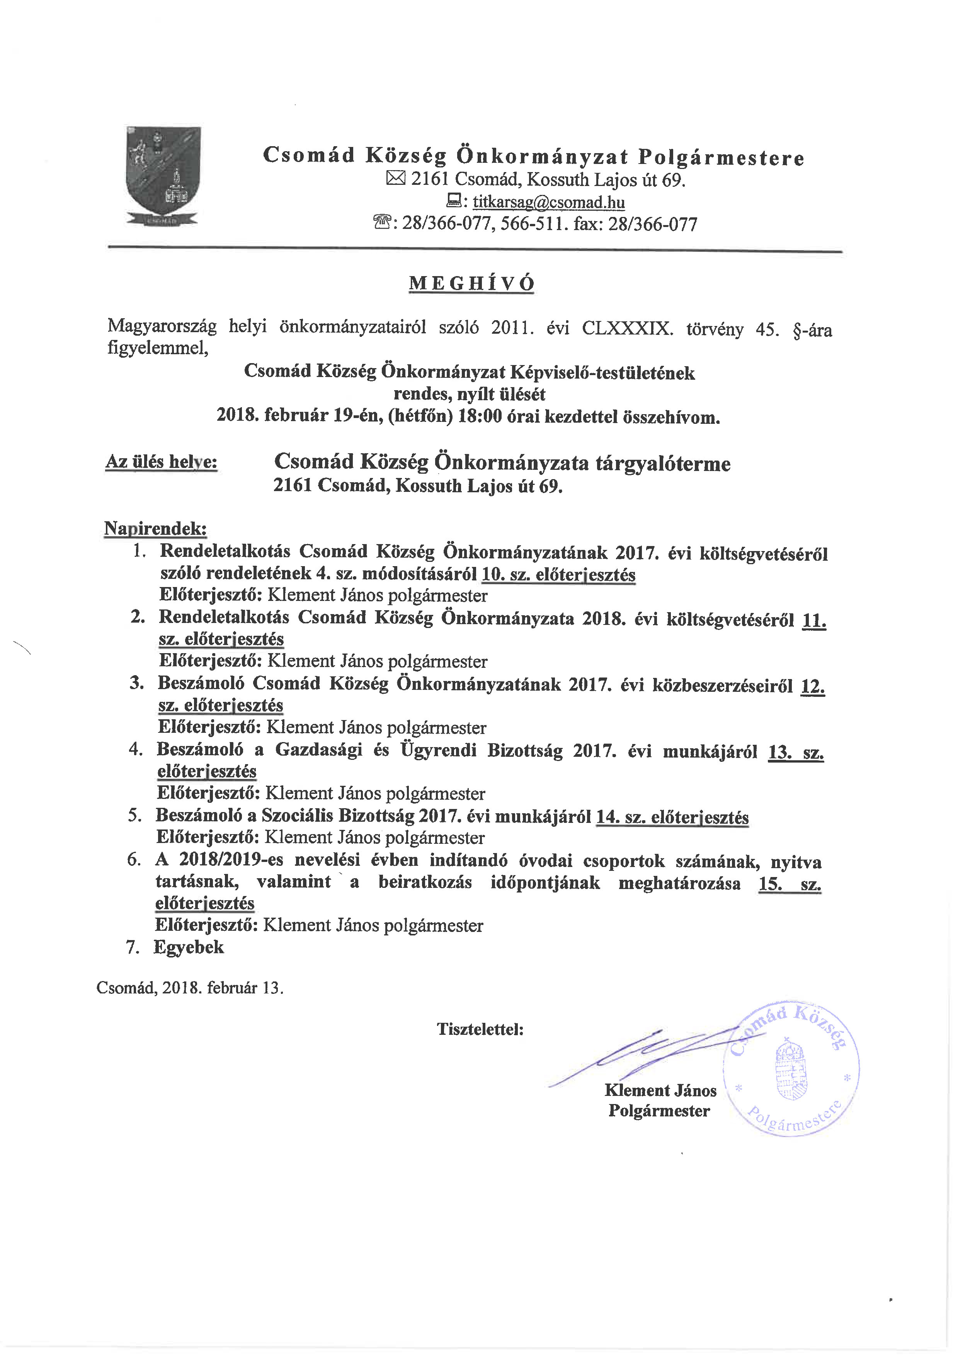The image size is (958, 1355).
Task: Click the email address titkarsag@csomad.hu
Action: (549, 202)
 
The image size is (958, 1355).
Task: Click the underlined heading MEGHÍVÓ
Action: (471, 284)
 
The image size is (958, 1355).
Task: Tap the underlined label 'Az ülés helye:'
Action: (161, 462)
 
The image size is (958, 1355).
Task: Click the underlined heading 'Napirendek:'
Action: (155, 528)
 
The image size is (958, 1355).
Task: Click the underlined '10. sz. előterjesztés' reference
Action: (558, 575)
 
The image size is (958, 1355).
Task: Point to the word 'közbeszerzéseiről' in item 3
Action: (722, 686)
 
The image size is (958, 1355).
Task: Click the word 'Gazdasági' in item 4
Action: (318, 750)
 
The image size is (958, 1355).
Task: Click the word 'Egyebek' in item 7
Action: (188, 947)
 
